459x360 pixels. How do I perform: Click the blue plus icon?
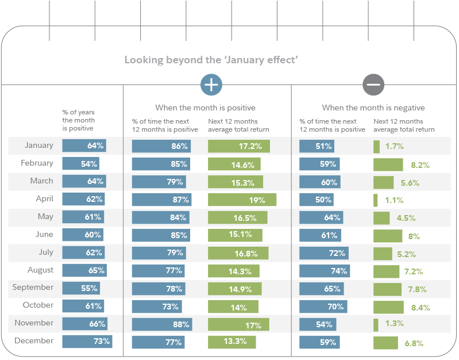click(x=211, y=85)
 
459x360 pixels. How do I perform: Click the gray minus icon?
click(x=373, y=85)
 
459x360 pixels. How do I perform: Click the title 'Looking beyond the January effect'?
click(x=211, y=60)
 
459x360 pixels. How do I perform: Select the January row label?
click(x=39, y=145)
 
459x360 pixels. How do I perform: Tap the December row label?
click(x=34, y=341)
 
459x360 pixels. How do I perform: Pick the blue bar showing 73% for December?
click(x=87, y=342)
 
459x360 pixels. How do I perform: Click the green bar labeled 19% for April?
click(x=242, y=200)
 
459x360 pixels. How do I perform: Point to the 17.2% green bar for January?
click(x=238, y=146)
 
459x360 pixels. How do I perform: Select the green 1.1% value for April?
click(x=394, y=200)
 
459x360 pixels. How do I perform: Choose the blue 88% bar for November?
click(x=161, y=324)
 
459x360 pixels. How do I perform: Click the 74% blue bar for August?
click(x=325, y=271)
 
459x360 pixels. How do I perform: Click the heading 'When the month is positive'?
click(x=205, y=108)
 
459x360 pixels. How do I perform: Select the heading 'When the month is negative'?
click(x=373, y=108)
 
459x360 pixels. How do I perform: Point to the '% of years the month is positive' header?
click(x=79, y=120)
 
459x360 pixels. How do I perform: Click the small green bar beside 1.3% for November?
click(x=376, y=325)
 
